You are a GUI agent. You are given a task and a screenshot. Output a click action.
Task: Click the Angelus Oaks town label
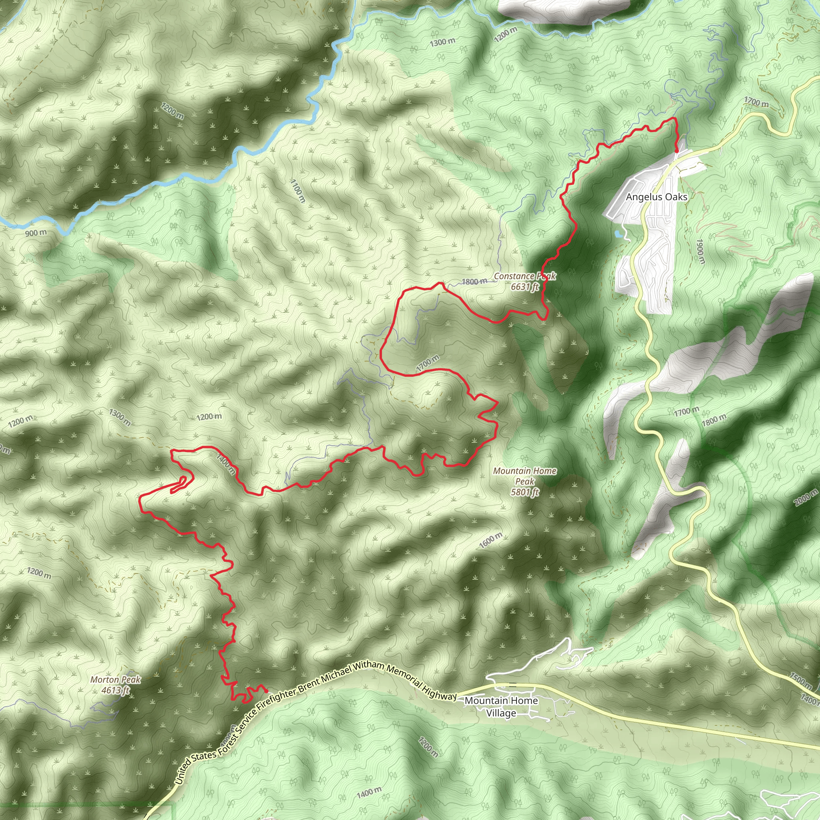click(x=656, y=197)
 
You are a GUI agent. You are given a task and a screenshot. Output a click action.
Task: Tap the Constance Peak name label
click(x=525, y=276)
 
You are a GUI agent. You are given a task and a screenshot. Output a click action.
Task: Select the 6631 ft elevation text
click(x=525, y=287)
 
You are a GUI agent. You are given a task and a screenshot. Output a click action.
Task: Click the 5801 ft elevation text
click(x=525, y=492)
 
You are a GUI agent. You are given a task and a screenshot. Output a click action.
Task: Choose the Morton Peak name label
click(x=115, y=679)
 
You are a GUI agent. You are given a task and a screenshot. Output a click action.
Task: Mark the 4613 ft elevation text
click(x=115, y=690)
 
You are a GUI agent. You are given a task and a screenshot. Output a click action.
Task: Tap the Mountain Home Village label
click(x=501, y=706)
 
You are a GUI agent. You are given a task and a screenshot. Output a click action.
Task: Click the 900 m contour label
click(x=36, y=233)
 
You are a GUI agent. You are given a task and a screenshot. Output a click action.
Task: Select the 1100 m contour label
click(x=297, y=191)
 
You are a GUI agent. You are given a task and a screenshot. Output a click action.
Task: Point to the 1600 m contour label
click(x=490, y=540)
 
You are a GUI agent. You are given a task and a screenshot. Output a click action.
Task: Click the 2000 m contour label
click(x=806, y=497)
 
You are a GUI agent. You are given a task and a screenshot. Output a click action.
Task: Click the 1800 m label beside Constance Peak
click(x=474, y=281)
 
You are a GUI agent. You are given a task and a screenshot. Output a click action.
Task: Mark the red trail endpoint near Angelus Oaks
click(x=676, y=150)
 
